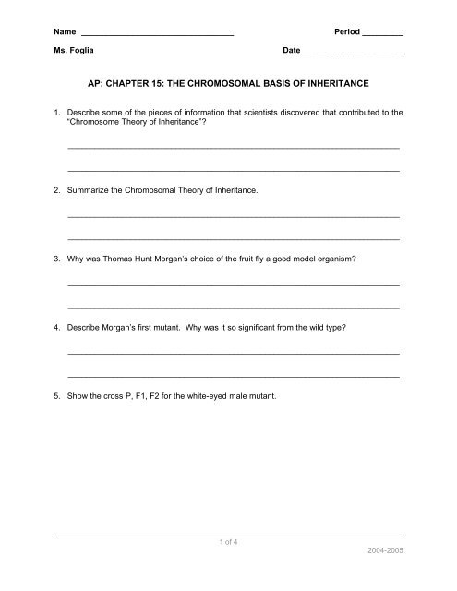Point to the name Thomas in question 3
123,259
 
